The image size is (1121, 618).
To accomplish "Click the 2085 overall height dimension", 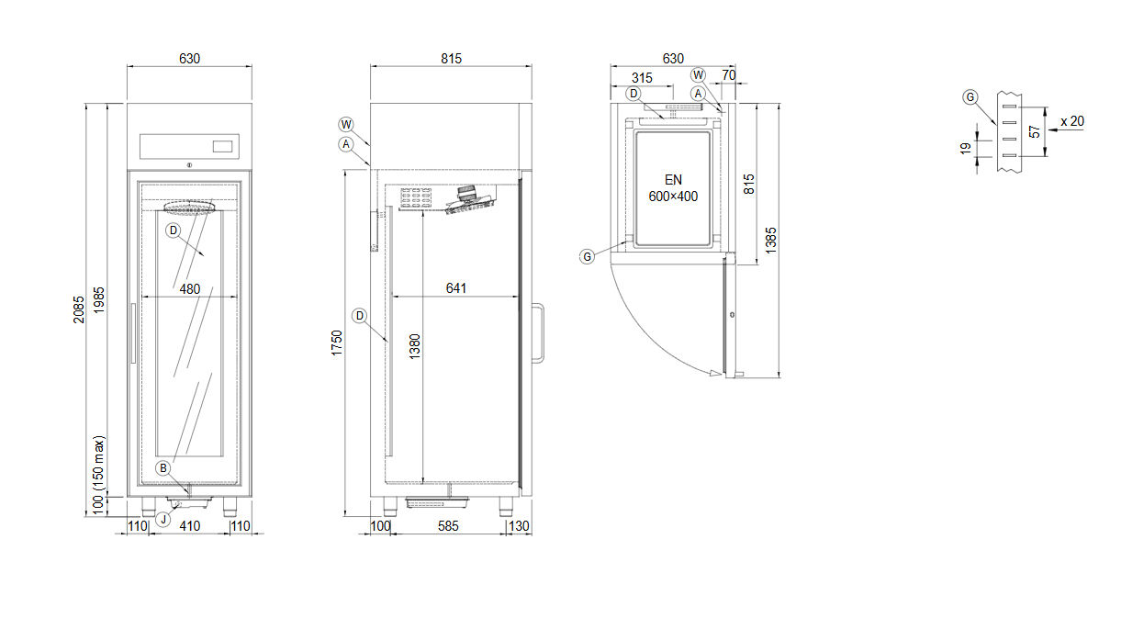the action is [x=79, y=309].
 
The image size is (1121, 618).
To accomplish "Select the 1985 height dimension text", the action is [x=99, y=300].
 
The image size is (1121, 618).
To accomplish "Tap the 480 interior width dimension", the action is [x=190, y=289].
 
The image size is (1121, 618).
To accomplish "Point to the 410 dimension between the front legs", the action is [x=190, y=526].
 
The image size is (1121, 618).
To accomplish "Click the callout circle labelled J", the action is [x=163, y=520].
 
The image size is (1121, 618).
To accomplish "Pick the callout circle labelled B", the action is [x=163, y=468].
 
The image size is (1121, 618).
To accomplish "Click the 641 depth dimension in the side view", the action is [x=456, y=288].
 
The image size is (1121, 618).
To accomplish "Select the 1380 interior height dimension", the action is [x=414, y=346].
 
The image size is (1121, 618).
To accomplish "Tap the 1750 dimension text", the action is [x=336, y=343].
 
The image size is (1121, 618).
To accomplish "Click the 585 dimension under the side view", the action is [x=448, y=526].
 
